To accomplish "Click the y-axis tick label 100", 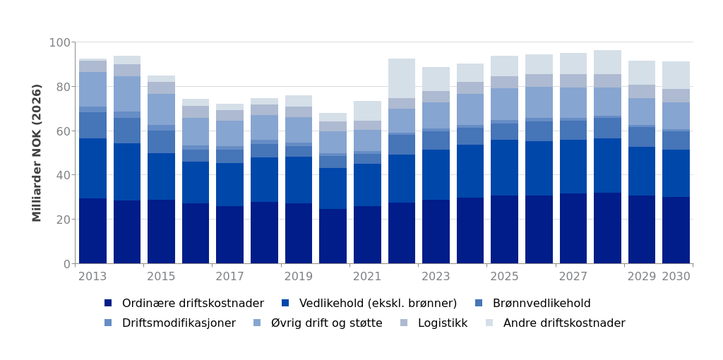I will pos(59,42).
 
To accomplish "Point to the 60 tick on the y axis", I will pos(63,131).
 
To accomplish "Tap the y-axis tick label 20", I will pos(63,220).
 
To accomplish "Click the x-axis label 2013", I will pos(92,277).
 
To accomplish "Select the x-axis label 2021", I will pos(367,277).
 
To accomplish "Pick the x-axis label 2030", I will pos(676,277).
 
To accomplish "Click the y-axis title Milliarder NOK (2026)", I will pos(37,152).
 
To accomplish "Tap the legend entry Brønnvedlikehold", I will pos(541,304).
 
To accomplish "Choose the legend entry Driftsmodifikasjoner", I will pos(179,323).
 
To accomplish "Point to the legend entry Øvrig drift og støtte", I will pos(326,323).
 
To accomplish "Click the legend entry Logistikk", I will pos(442,323).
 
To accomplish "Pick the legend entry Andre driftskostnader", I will pos(564,323).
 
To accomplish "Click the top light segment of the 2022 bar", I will pos(402,78).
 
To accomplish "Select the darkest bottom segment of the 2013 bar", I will pos(92,231).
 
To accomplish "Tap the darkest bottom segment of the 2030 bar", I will pos(676,230).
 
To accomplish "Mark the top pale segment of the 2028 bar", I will pos(607,62).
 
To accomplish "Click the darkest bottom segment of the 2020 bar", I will pos(333,236).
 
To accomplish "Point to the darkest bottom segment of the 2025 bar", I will pos(504,229).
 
